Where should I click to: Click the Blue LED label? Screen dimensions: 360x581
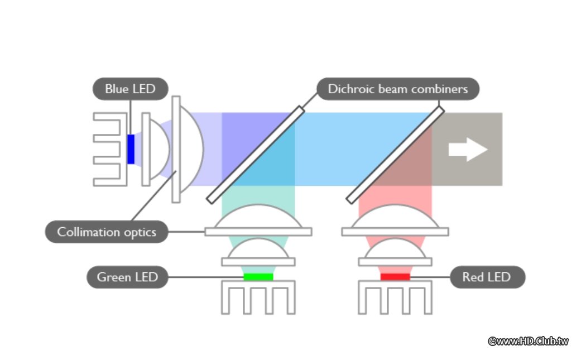130,89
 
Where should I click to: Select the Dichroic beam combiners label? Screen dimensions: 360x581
397,89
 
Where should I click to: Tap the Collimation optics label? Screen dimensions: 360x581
107,232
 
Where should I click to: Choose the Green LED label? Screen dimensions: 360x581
127,277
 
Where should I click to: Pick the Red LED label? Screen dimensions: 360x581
487,277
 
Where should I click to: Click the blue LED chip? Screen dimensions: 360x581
131,149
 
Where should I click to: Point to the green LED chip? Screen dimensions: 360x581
258,276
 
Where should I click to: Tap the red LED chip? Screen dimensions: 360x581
395,276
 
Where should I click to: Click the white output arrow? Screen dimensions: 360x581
467,150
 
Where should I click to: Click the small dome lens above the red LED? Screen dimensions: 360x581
395,251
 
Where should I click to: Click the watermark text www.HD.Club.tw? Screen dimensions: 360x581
528,341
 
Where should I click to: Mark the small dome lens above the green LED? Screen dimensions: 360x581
258,251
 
